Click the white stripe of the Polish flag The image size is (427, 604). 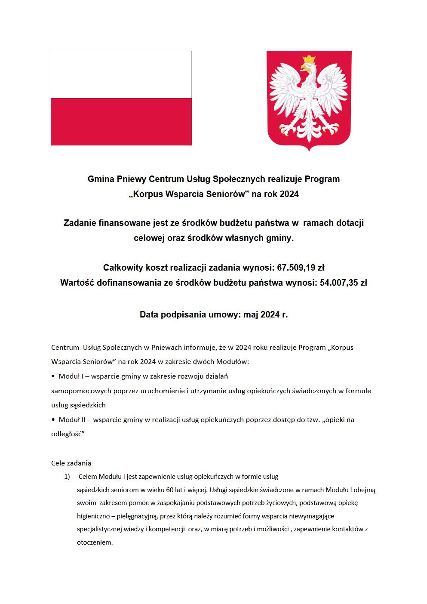coord(121,74)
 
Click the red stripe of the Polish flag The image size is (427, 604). coord(121,121)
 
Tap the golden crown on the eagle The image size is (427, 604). coord(309,60)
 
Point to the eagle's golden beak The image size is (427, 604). coord(304,68)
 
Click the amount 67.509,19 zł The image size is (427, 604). coord(301,268)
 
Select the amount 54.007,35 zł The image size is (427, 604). coord(343,283)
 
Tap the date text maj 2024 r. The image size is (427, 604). coord(265,314)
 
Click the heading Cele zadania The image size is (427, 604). coord(71,463)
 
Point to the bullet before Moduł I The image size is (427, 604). coord(53,376)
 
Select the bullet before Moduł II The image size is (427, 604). coord(53,420)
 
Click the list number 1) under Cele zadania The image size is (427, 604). coord(67,477)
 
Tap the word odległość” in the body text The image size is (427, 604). coord(68,434)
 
